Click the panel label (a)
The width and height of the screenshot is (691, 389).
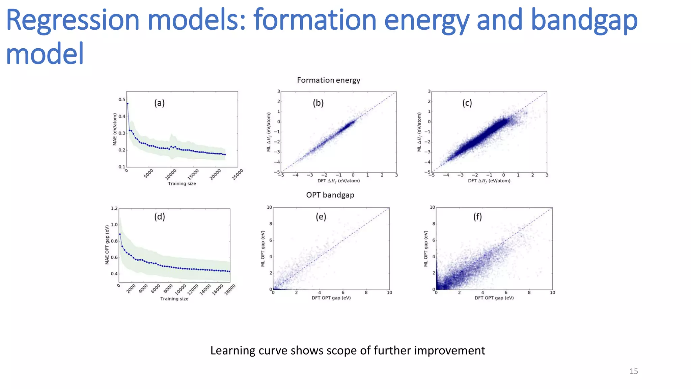point(159,103)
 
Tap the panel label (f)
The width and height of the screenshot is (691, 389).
point(477,216)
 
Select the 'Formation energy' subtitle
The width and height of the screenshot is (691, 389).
point(328,80)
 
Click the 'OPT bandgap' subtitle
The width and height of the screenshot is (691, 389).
point(330,195)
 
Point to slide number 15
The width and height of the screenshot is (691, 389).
point(633,371)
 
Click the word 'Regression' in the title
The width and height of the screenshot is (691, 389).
point(73,20)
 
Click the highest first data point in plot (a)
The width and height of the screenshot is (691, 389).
point(127,104)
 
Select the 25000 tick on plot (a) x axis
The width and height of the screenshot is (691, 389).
point(238,175)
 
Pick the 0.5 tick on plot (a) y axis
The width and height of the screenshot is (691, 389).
point(121,100)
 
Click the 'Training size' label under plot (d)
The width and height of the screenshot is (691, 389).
point(174,299)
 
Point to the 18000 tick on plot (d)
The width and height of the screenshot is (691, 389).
point(230,290)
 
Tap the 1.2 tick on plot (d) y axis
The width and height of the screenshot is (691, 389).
point(114,208)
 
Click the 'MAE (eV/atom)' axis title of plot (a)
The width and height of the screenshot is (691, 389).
point(115,129)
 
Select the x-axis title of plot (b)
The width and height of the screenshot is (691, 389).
point(338,181)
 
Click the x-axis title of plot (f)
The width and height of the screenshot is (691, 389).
point(494,298)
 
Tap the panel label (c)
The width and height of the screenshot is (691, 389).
point(467,103)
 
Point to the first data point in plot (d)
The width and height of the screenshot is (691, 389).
point(120,234)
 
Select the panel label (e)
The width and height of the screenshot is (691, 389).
point(321,216)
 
